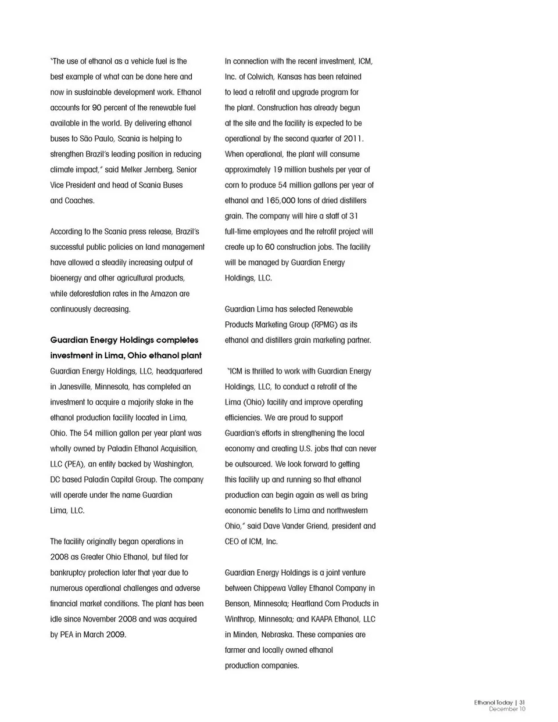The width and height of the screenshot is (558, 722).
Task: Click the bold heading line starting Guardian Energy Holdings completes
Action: (x=124, y=340)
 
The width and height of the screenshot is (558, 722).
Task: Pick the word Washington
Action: (x=173, y=464)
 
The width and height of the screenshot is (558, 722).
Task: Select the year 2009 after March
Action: (x=116, y=634)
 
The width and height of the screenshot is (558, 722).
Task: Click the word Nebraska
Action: (x=272, y=634)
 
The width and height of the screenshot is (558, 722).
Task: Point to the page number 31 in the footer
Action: (x=522, y=702)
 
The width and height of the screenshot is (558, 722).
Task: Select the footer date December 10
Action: (x=507, y=709)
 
